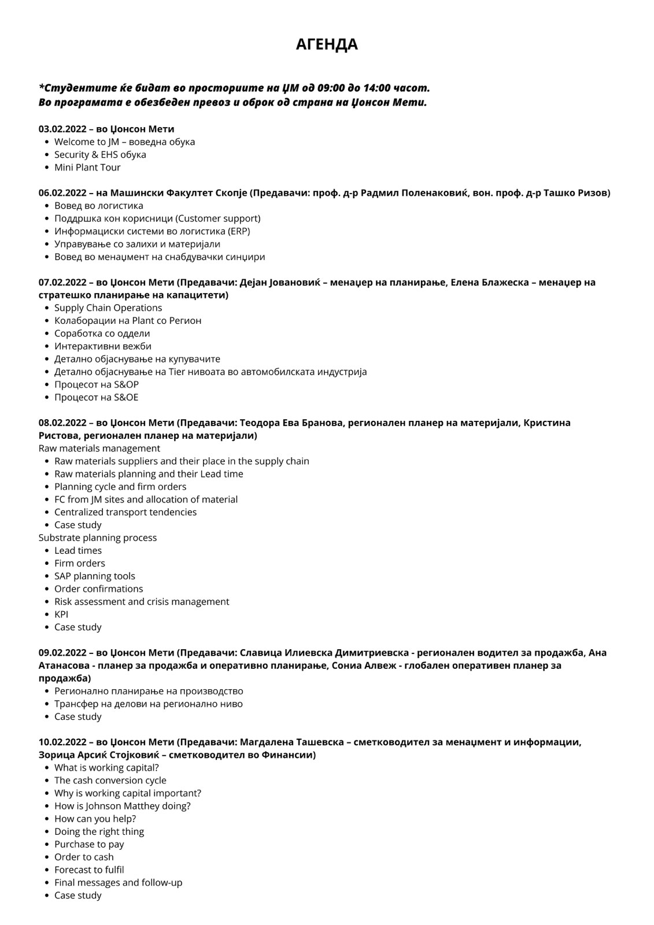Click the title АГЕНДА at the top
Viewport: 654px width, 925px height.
327,45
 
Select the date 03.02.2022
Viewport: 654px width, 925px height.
62,129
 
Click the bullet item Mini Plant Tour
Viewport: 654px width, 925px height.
87,168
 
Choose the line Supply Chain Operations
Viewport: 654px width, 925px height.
108,308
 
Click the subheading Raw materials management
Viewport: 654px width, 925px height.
99,449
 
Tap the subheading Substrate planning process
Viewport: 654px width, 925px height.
98,538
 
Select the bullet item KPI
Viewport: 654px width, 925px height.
61,615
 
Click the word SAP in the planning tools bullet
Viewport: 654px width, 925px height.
63,576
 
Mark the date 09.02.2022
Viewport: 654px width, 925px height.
62,653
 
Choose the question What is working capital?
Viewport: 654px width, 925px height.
106,768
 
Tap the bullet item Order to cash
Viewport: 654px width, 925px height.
84,857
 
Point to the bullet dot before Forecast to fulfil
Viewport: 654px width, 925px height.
46,870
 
